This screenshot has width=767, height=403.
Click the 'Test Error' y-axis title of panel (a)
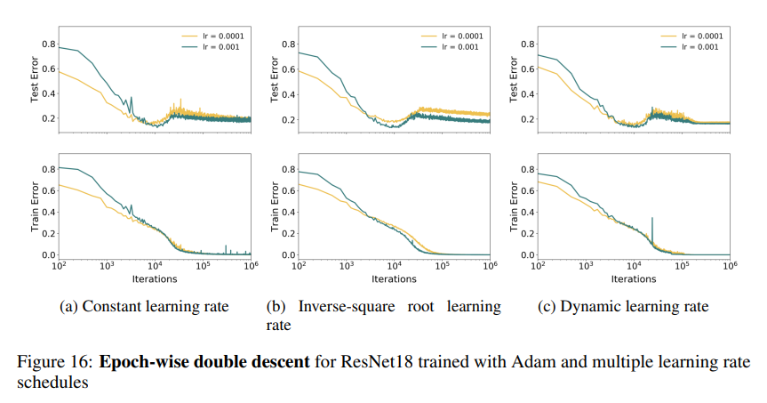pos(36,82)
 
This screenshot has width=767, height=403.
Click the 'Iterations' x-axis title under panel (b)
pos(394,278)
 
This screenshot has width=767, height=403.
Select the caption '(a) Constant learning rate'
pos(144,307)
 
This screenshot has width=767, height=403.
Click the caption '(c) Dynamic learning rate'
pos(624,307)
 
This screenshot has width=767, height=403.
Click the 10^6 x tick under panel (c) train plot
pos(730,266)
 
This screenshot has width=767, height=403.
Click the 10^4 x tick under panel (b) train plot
pos(394,266)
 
